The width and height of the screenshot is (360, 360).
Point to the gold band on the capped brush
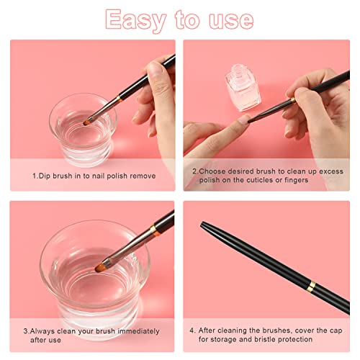(x=312, y=287)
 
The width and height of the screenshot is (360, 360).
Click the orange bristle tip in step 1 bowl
(x=86, y=122)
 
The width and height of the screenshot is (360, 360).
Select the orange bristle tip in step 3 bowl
(x=99, y=268)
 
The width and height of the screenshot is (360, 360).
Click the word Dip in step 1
(x=45, y=176)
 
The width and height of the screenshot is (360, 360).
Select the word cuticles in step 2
(x=260, y=180)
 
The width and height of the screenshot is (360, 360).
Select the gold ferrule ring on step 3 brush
(x=153, y=230)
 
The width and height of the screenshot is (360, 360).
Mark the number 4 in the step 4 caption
(x=192, y=330)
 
